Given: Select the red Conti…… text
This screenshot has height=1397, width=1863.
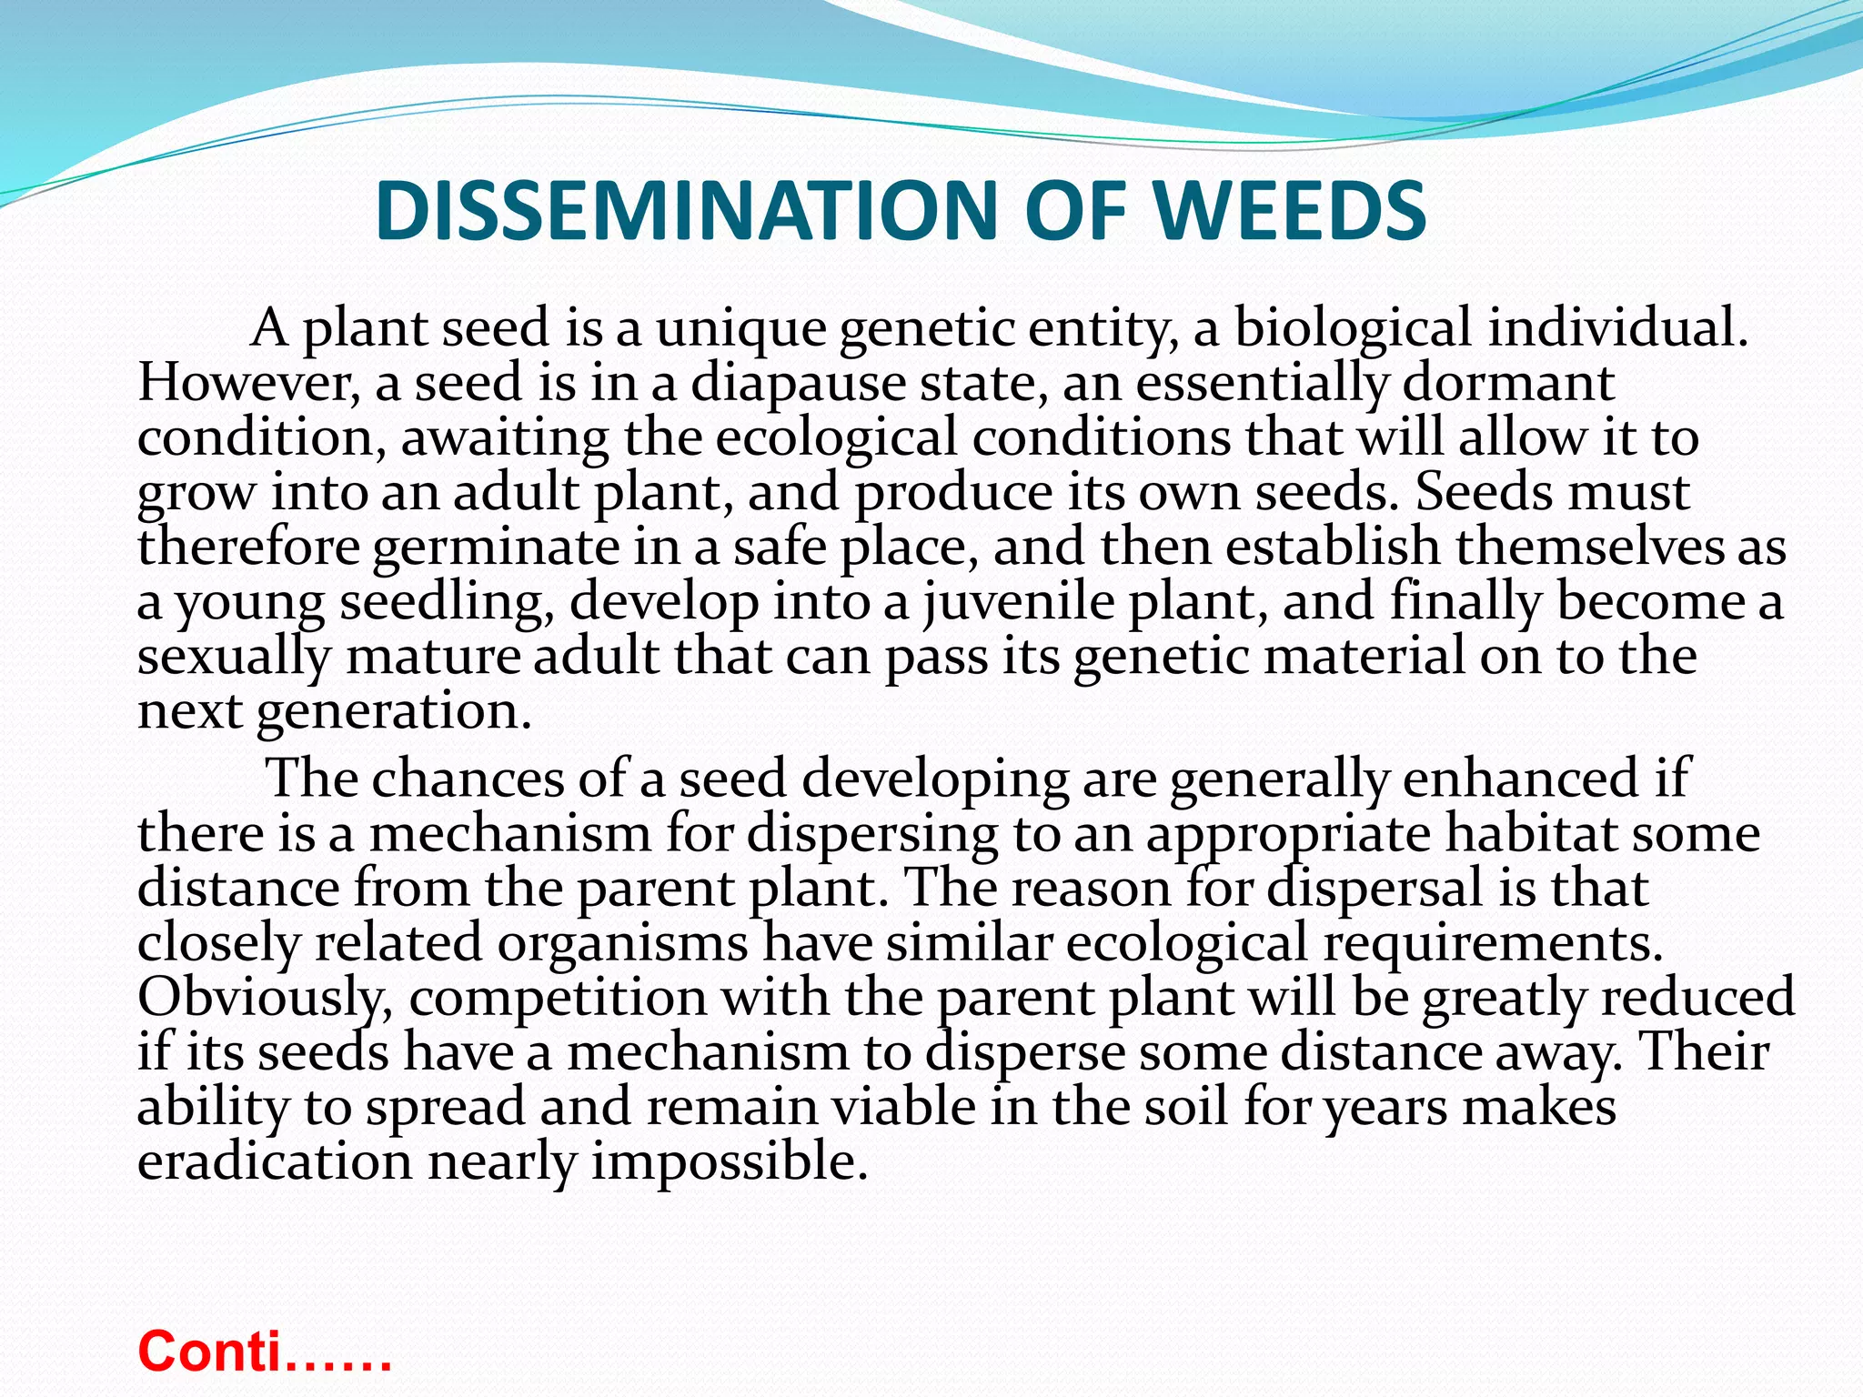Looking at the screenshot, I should pos(264,1350).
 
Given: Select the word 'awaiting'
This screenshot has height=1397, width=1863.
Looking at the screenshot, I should pos(505,438).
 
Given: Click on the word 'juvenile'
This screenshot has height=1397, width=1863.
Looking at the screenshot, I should pos(1018,603).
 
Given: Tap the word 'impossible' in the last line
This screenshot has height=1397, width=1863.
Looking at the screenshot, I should pos(729,1162).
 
